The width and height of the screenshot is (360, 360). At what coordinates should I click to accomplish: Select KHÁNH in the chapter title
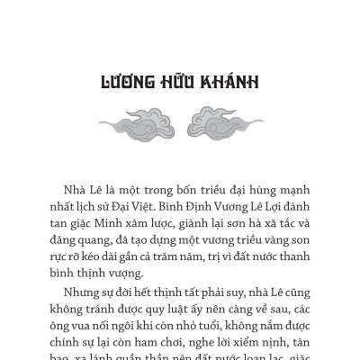pyautogui.click(x=232, y=84)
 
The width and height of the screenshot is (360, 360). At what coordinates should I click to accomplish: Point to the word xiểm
pyautogui.click(x=247, y=359)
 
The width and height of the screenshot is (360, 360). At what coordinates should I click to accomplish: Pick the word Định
pyautogui.click(x=205, y=210)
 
